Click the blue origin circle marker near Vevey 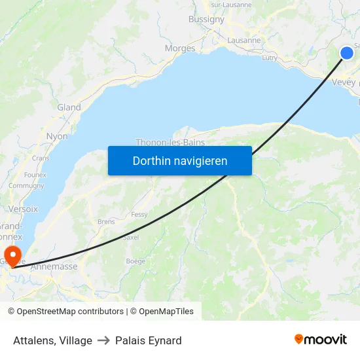(x=347, y=53)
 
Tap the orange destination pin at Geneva (x=12, y=254)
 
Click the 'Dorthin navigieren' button (x=180, y=160)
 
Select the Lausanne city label (x=243, y=40)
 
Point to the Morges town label (x=180, y=48)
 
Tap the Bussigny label (x=206, y=20)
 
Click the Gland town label (x=69, y=107)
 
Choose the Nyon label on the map (x=57, y=136)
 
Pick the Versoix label (x=24, y=209)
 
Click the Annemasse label (x=58, y=266)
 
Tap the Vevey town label (x=344, y=82)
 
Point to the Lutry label (x=270, y=58)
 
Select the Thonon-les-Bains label (x=170, y=142)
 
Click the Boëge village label (x=135, y=261)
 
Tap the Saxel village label (x=131, y=237)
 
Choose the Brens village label (x=106, y=222)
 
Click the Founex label (x=35, y=175)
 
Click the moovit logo (x=321, y=340)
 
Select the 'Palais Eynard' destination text (x=149, y=340)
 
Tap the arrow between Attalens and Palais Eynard (x=103, y=340)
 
